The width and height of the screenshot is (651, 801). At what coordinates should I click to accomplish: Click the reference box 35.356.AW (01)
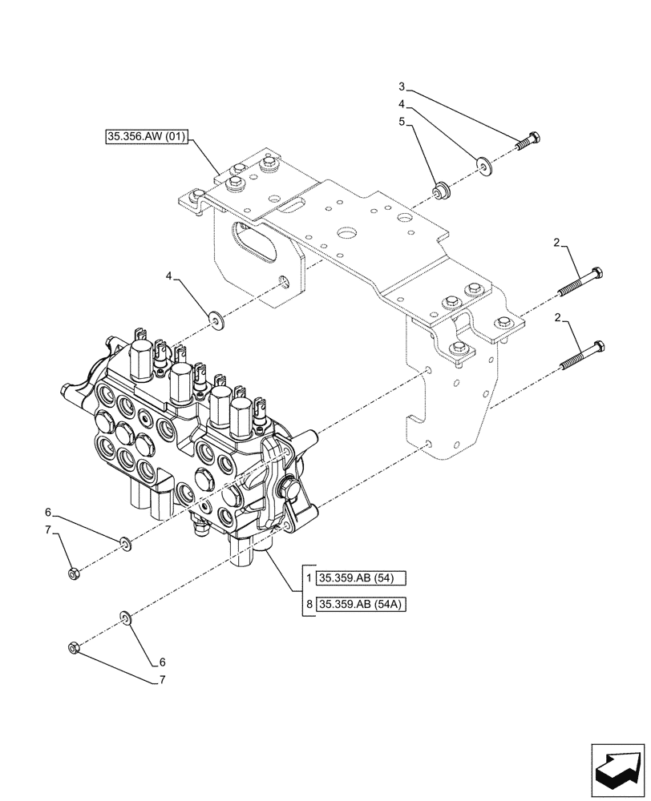(x=146, y=137)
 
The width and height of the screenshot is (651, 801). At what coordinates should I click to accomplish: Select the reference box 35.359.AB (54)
(x=362, y=578)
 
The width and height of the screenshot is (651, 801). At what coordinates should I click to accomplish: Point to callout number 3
(x=402, y=87)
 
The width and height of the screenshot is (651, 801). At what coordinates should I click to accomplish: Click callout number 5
(x=402, y=123)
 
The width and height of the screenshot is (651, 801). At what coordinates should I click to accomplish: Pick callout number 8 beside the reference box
(x=309, y=603)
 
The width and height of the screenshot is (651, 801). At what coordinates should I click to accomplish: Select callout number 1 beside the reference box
(x=309, y=578)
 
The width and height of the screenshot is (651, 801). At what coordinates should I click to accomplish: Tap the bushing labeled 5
(x=440, y=192)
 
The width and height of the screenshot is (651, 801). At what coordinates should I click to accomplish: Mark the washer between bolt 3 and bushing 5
(x=484, y=166)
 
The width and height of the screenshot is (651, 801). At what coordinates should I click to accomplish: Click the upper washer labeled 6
(x=126, y=545)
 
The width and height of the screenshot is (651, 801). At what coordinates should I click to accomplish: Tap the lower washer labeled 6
(x=126, y=617)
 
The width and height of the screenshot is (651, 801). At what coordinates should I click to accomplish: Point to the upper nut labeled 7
(x=74, y=573)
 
